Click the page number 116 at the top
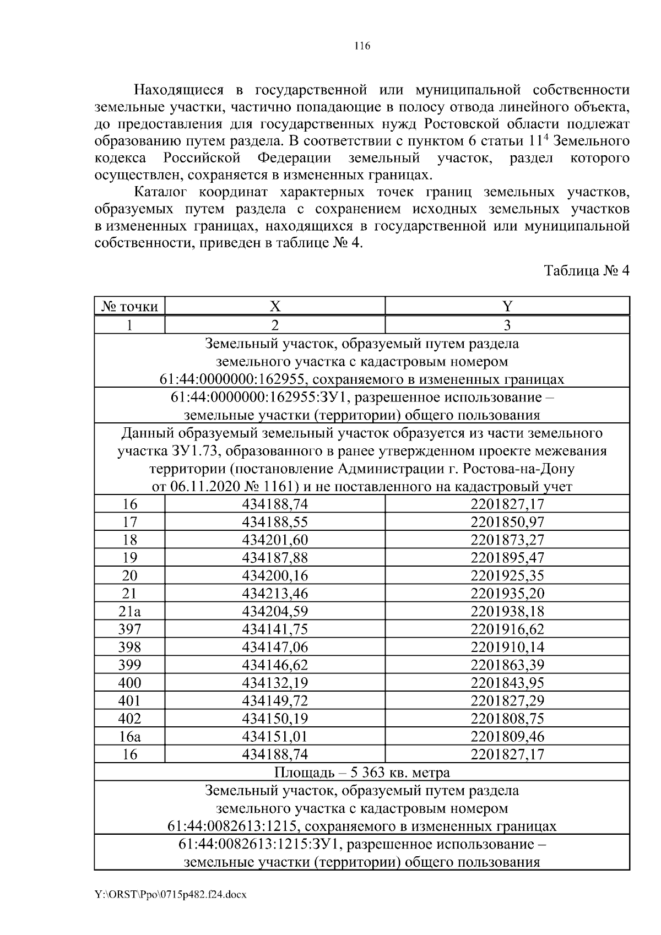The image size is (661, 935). point(362,46)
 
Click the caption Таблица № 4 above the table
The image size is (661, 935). point(586,271)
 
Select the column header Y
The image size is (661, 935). point(507,306)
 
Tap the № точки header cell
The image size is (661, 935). point(129,306)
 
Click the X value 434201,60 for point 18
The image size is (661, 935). point(275,540)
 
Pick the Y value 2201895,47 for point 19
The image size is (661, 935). point(507,557)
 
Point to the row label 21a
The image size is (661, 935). point(129,611)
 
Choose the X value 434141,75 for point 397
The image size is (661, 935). point(275,629)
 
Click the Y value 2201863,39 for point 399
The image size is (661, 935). point(507,665)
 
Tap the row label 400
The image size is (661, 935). point(129,683)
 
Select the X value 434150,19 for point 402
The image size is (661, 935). point(275,719)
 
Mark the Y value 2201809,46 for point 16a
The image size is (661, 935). point(507,736)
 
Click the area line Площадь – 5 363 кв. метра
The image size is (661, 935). point(362,772)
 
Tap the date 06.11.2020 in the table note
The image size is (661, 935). point(197,487)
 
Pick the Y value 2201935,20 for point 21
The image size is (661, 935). point(507,593)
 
